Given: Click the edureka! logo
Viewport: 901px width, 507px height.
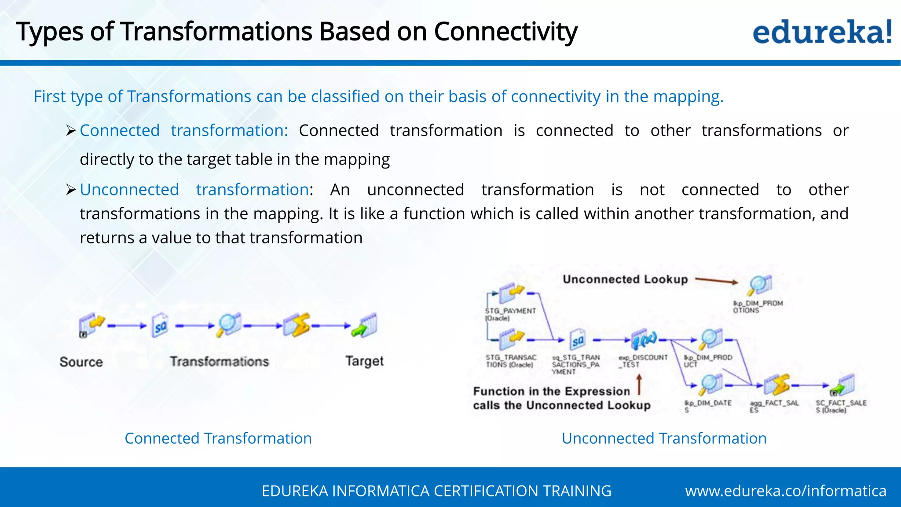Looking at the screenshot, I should pos(822,32).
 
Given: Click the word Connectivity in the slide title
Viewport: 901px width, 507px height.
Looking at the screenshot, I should pos(505,32).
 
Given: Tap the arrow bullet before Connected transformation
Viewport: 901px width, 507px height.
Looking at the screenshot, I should pos(71,131).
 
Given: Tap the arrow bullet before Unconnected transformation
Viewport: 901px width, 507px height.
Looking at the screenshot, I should pos(71,190).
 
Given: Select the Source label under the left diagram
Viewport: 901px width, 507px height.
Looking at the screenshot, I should pos(81,362).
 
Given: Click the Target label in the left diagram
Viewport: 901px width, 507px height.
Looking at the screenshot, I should pos(364,361).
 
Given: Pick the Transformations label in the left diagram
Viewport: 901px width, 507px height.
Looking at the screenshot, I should pos(219,361).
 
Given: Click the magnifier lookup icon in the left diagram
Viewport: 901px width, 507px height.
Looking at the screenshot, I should pos(229,325).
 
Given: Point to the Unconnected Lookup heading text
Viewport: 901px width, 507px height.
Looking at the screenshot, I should pos(625,279).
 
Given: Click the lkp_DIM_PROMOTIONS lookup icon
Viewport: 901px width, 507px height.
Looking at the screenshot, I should pos(760,285).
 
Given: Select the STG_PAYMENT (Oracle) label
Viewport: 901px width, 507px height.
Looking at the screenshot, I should pos(510,314).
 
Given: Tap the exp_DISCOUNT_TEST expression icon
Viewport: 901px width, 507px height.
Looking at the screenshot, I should pos(644,340).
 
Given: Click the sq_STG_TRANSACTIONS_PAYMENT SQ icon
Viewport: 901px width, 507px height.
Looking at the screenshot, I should pos(578,340).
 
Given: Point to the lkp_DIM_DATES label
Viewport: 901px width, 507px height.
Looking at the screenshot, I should pos(707,406).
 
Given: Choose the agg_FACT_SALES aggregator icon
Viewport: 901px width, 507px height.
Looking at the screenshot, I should pos(777,385).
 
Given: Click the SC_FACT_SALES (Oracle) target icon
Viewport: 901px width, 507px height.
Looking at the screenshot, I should pos(843,385).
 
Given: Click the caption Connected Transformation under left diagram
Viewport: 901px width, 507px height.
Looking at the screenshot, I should pos(218,438).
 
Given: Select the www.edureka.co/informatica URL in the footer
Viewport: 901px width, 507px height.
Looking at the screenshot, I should pos(785,491).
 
